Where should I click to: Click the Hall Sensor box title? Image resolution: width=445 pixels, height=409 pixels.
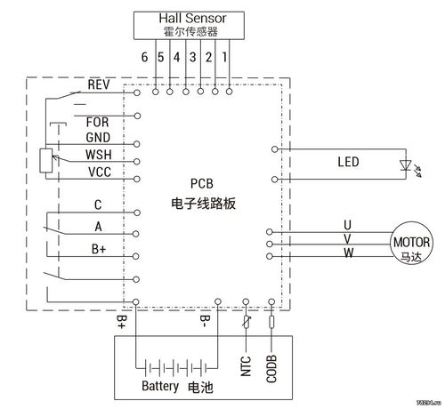pos(192,19)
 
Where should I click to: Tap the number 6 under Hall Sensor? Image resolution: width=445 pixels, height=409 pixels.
pos(144,57)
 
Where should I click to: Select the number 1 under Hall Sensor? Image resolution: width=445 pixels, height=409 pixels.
pos(224,57)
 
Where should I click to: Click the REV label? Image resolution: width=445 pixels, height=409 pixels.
pos(99,84)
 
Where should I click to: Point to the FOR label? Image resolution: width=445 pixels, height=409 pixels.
pos(97,122)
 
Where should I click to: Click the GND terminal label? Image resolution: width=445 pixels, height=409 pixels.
pos(98,138)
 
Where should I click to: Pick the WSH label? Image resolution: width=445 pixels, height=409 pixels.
pos(99,155)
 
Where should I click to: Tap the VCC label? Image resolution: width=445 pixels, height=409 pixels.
pos(100,172)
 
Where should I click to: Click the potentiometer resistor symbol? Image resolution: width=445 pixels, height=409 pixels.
pos(46,160)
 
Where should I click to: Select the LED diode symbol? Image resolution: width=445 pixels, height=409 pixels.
pos(405,165)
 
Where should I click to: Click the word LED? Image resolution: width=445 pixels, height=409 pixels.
pos(348,162)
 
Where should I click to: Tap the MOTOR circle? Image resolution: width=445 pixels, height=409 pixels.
pos(411,243)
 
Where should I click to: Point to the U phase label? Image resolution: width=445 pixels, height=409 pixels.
pos(347,225)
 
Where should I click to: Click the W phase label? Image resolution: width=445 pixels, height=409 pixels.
pos(349,253)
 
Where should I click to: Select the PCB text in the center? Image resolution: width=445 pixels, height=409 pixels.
pos(202,184)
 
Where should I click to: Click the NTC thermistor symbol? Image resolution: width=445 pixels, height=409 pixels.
pos(246,322)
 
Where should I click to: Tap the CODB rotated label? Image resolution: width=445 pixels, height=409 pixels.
pos(271,369)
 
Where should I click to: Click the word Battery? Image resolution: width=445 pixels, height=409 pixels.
pos(160,386)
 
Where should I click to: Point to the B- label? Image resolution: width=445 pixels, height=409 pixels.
pos(205,322)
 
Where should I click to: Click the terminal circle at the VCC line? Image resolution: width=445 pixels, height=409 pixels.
pos(137,179)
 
